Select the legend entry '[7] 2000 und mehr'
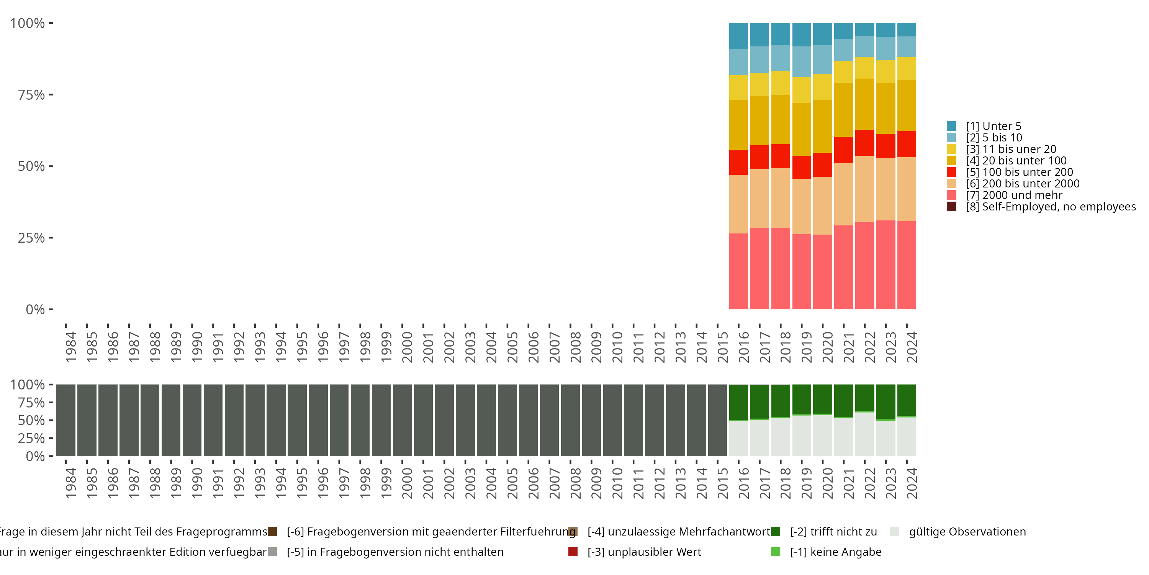click(x=1013, y=195)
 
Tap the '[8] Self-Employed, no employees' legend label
click(x=1051, y=207)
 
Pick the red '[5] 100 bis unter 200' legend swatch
click(x=951, y=172)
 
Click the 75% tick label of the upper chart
click(x=31, y=95)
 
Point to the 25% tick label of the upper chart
click(x=31, y=238)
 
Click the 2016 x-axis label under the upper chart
click(x=743, y=347)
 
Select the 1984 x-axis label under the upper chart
click(x=71, y=347)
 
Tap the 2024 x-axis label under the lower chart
click(x=912, y=483)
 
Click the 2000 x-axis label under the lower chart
click(x=407, y=483)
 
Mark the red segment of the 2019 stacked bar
click(x=802, y=168)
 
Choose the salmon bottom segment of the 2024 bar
click(x=906, y=265)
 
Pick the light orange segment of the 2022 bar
click(x=864, y=189)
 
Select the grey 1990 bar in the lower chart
click(x=192, y=420)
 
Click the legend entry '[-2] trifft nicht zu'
click(x=833, y=532)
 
